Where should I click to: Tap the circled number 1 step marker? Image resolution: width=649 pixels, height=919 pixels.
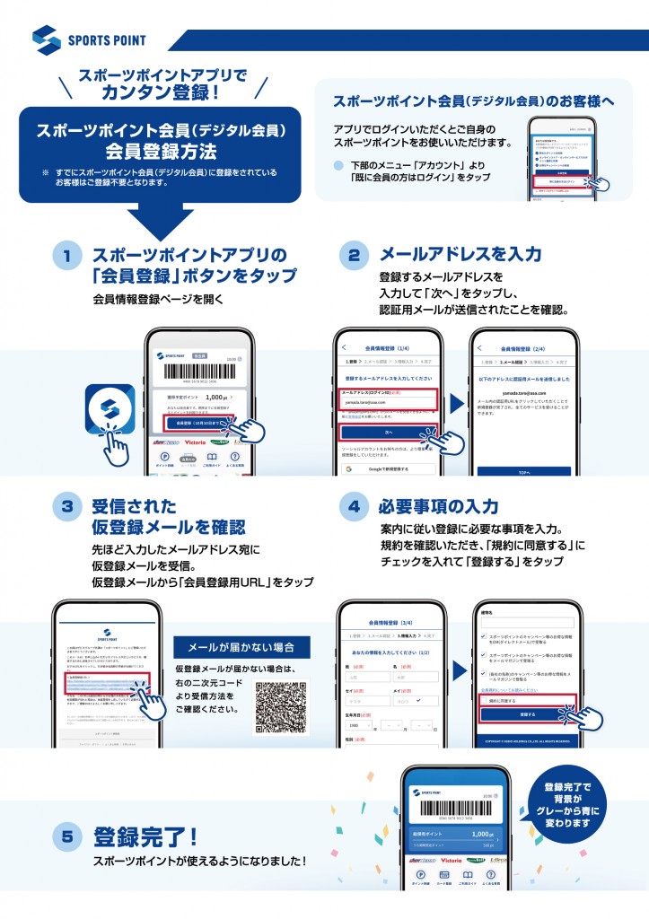coord(66,256)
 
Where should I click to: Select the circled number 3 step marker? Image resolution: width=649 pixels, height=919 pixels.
coord(66,507)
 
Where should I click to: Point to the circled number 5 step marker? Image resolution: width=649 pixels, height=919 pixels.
coord(66,838)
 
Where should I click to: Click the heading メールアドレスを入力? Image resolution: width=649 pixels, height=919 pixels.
coord(473,255)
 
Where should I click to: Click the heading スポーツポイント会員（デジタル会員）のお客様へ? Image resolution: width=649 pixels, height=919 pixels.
coord(474,101)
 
